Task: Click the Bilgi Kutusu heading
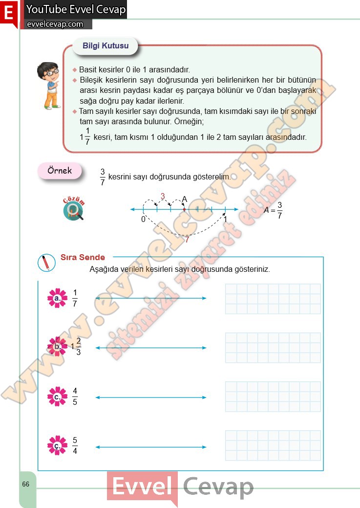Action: pyautogui.click(x=106, y=46)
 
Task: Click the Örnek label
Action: pyautogui.click(x=60, y=171)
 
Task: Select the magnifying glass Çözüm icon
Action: pyautogui.click(x=73, y=210)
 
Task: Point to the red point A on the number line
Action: pyautogui.click(x=184, y=209)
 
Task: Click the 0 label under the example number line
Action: pyautogui.click(x=143, y=220)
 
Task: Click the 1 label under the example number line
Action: pyautogui.click(x=225, y=220)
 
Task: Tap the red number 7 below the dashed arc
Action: pyautogui.click(x=186, y=240)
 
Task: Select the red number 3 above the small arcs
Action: pyautogui.click(x=163, y=197)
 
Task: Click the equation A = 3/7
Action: pyautogui.click(x=273, y=210)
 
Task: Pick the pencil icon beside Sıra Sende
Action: pyautogui.click(x=46, y=263)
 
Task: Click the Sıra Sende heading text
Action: pyautogui.click(x=83, y=257)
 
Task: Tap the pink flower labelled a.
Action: pyautogui.click(x=57, y=298)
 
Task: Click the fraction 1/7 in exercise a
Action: pyautogui.click(x=75, y=298)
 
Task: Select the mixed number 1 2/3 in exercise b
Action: pyautogui.click(x=76, y=347)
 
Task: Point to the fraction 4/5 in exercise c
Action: pyautogui.click(x=75, y=397)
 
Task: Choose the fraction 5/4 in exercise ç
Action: pyautogui.click(x=75, y=445)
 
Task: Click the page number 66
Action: pyautogui.click(x=26, y=484)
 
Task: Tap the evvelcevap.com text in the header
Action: pyautogui.click(x=55, y=24)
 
